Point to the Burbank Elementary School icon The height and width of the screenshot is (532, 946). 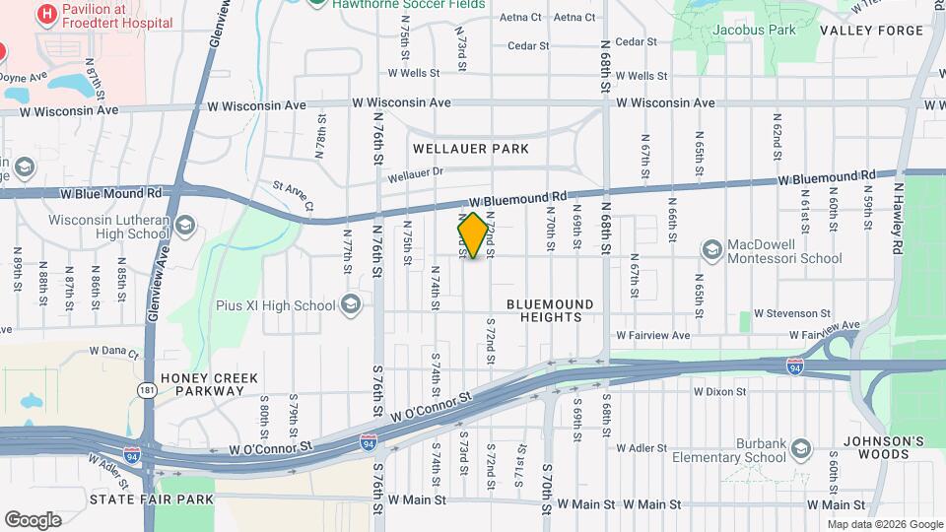point(800,450)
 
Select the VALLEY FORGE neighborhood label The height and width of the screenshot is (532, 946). point(871,31)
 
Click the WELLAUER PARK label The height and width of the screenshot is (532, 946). point(471,149)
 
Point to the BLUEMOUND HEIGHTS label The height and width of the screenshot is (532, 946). point(552,310)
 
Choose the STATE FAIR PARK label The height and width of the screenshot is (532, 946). point(152,499)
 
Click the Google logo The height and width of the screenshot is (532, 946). point(33,519)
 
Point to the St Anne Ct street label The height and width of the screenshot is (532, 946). point(293,194)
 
